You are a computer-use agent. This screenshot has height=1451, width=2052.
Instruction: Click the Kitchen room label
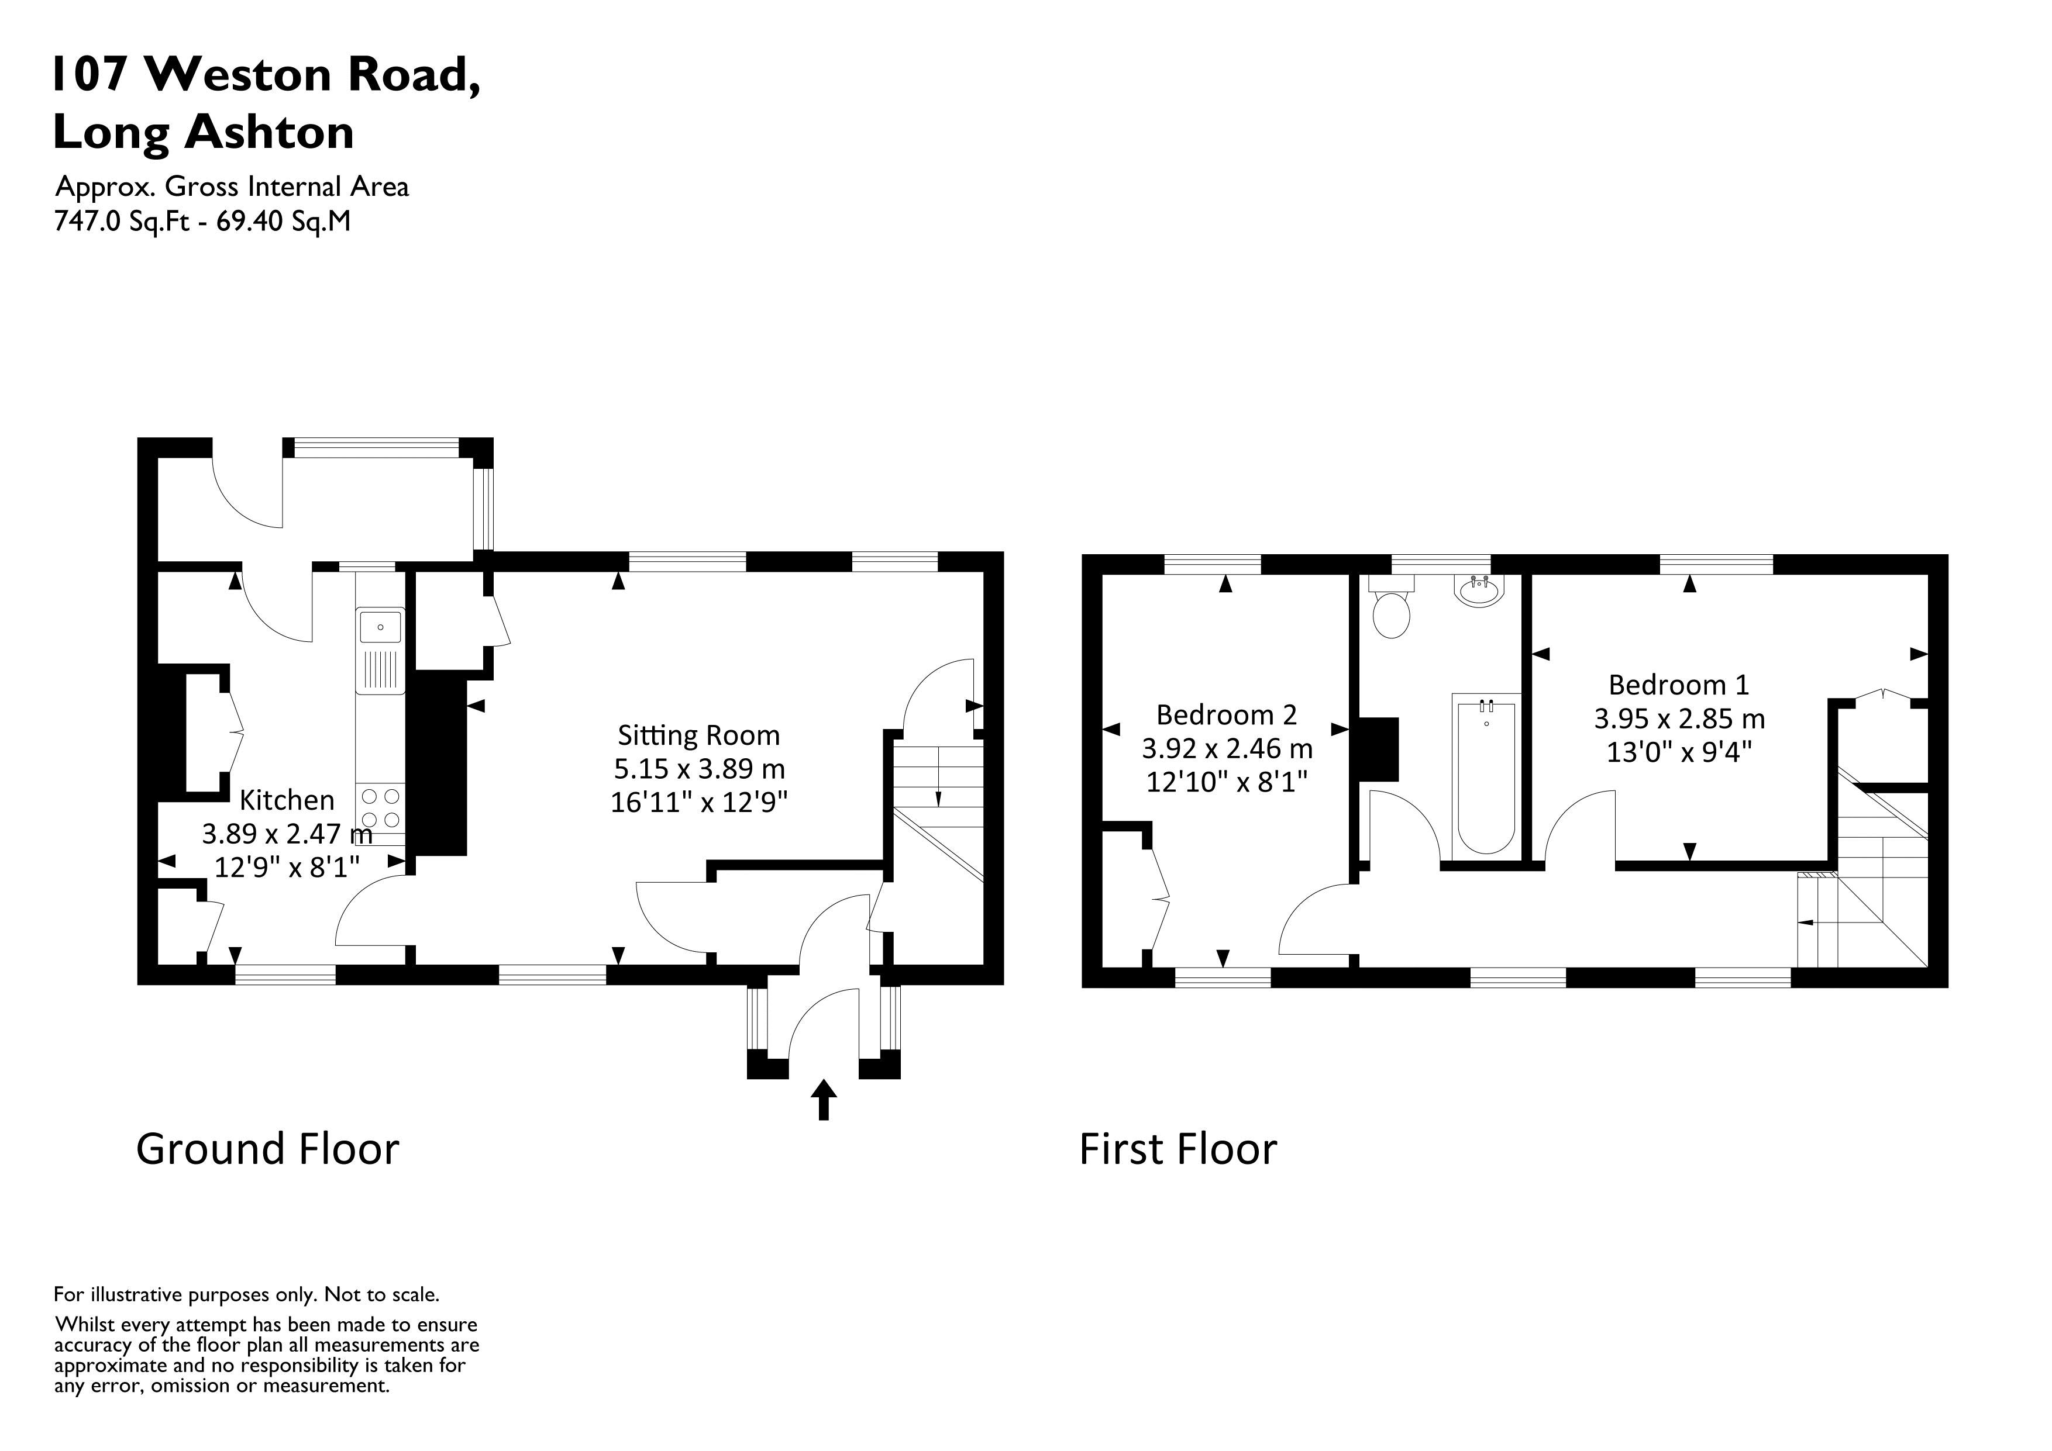[287, 800]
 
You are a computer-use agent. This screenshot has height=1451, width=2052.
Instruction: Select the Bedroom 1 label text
[1678, 685]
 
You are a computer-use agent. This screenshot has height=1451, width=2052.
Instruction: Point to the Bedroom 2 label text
[1226, 715]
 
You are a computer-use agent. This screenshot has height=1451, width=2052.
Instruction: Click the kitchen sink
[381, 627]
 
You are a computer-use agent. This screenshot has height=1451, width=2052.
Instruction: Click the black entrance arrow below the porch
[823, 1099]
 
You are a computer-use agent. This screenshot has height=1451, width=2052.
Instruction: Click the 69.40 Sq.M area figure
[283, 220]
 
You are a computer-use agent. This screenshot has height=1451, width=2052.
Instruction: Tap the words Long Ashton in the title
[204, 132]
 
